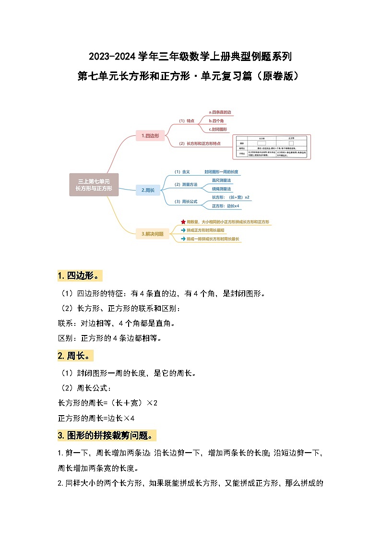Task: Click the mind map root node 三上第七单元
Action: point(95,185)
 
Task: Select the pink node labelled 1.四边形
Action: point(150,136)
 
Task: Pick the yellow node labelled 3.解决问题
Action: point(153,234)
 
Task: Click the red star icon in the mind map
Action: point(183,222)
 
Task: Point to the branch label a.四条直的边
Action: point(219,112)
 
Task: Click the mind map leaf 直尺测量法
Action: point(221,180)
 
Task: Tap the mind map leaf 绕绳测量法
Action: point(221,189)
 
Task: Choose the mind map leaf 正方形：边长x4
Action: point(225,206)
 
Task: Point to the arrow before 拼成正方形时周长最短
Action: point(183,230)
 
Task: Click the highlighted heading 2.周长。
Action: point(75,356)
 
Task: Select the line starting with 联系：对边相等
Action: point(116,323)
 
